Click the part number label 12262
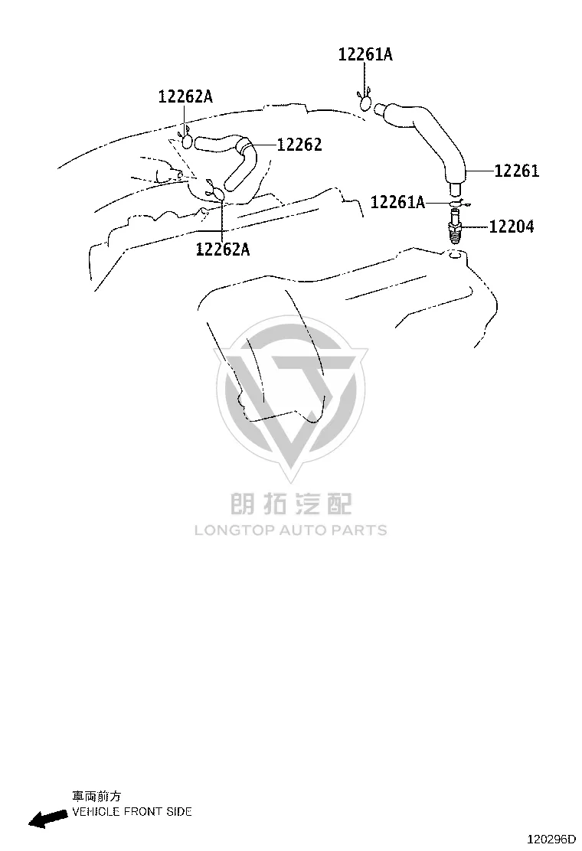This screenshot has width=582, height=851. [299, 145]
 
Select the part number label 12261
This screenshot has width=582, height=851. [516, 171]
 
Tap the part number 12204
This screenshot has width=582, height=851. [512, 227]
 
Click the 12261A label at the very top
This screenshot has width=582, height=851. [365, 54]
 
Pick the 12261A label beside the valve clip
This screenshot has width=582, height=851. [397, 203]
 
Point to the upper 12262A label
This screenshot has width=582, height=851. [185, 96]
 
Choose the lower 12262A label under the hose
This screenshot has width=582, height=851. [223, 249]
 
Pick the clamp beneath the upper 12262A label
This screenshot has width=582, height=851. [185, 139]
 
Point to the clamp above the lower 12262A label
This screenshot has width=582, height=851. [215, 191]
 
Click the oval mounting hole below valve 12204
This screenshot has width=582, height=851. [456, 255]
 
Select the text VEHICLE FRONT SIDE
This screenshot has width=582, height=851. [132, 812]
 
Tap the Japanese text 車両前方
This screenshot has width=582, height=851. [96, 796]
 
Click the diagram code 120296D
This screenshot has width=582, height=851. [551, 839]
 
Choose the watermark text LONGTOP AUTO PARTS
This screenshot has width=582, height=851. [291, 530]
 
